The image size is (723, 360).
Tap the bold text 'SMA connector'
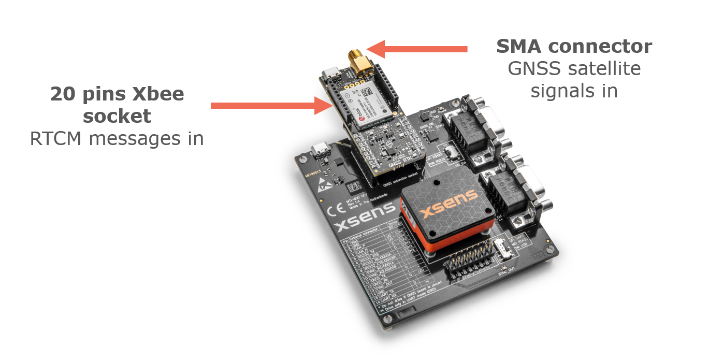click(574, 47)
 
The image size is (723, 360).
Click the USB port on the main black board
click(322, 151)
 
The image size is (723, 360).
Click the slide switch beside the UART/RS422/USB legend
click(501, 249)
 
